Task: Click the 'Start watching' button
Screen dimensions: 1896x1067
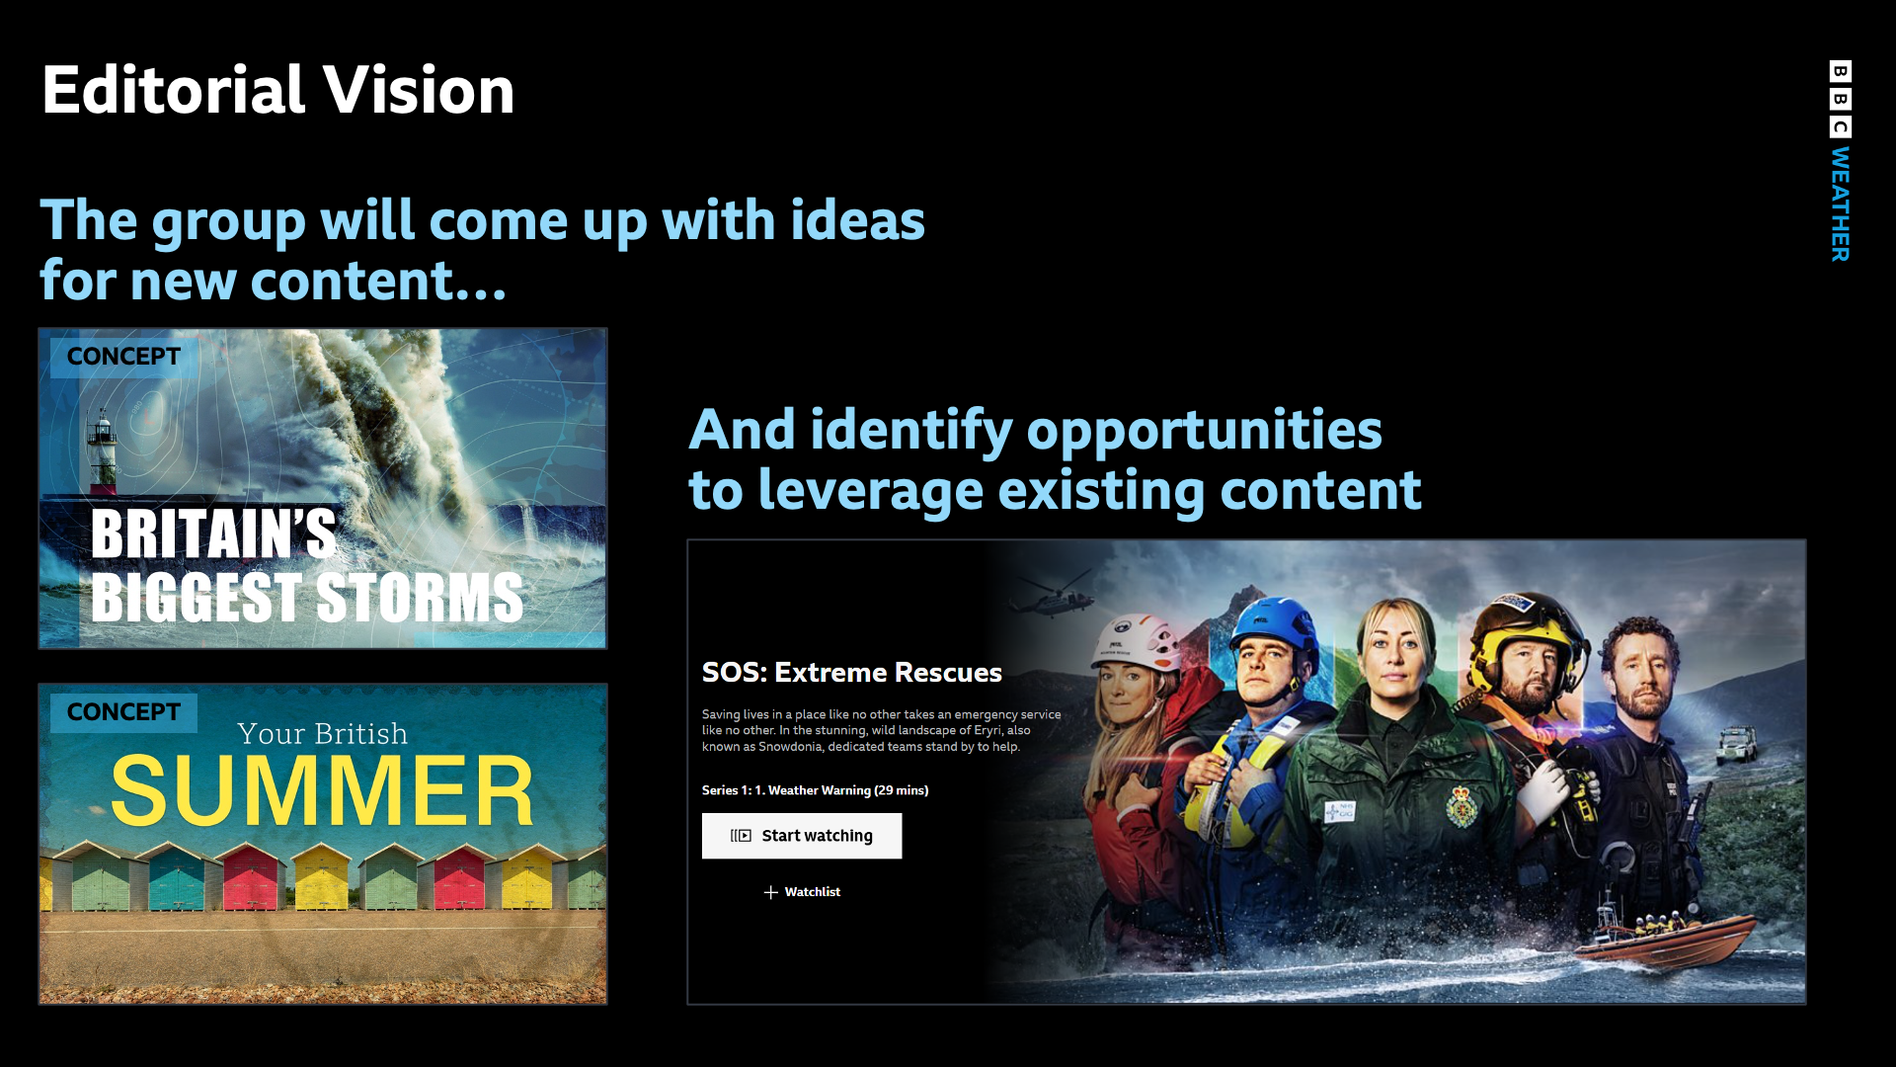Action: pyautogui.click(x=802, y=836)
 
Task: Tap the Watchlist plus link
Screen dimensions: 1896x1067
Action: pyautogui.click(x=802, y=892)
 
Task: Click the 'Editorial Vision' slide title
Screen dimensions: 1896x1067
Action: pyautogui.click(x=278, y=90)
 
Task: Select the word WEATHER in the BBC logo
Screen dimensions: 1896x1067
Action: pyautogui.click(x=1840, y=205)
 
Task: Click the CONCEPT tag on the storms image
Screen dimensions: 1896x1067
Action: pyautogui.click(x=123, y=357)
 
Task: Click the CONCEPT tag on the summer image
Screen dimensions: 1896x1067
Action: pyautogui.click(x=123, y=712)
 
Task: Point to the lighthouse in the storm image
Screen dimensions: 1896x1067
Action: pyautogui.click(x=102, y=451)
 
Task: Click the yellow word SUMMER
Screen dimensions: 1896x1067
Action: pyautogui.click(x=322, y=790)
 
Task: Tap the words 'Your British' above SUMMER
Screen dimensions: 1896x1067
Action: pyautogui.click(x=322, y=733)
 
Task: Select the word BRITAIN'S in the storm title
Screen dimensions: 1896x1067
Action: pyautogui.click(x=213, y=534)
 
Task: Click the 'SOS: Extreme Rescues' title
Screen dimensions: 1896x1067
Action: pyautogui.click(x=851, y=673)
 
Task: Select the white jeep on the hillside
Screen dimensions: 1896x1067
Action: pyautogui.click(x=1735, y=744)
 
